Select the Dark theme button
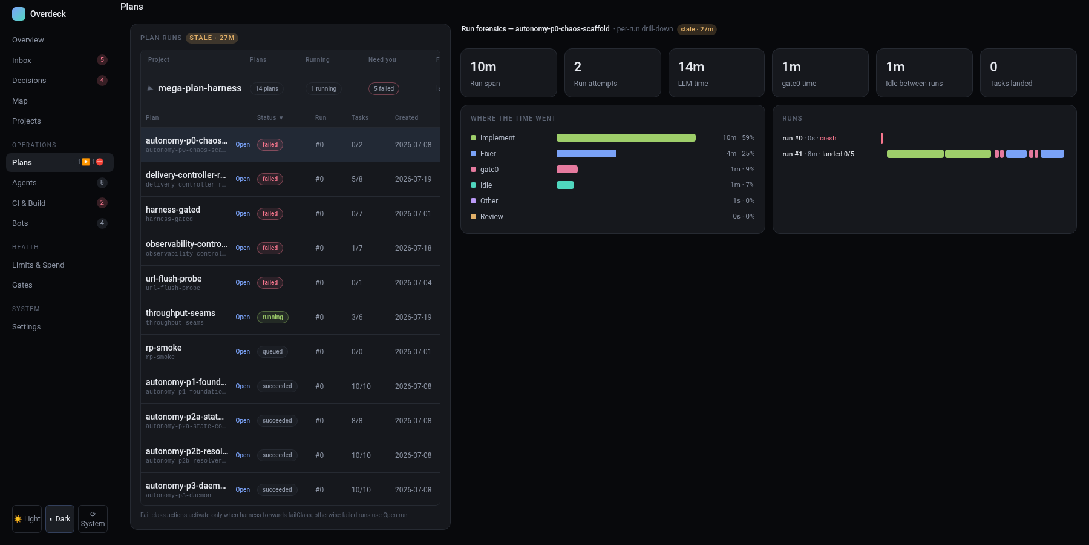click(x=60, y=519)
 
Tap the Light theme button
click(x=27, y=519)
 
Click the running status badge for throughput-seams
click(x=273, y=317)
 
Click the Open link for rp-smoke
click(x=243, y=352)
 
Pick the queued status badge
click(x=272, y=352)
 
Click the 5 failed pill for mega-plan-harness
click(x=384, y=89)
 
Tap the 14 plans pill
click(x=267, y=89)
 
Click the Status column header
click(x=270, y=118)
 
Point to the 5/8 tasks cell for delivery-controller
click(x=357, y=179)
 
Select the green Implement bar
click(x=626, y=138)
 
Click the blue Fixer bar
click(x=586, y=154)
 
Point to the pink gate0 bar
click(x=567, y=170)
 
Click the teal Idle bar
click(x=565, y=185)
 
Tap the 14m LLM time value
click(x=691, y=67)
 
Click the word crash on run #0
click(x=828, y=139)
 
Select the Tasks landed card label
click(x=1011, y=84)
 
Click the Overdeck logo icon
click(x=19, y=14)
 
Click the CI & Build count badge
click(x=102, y=203)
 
